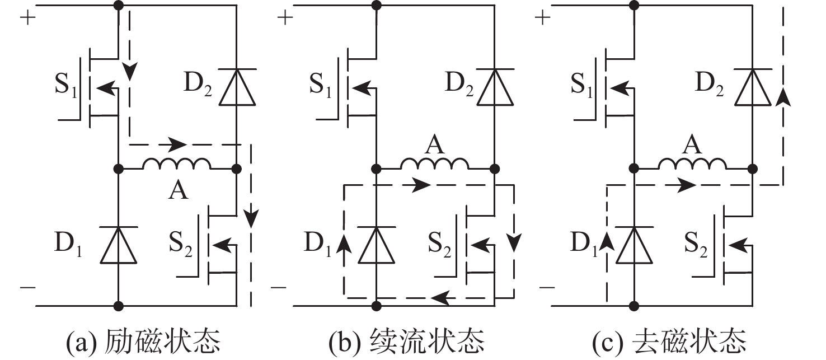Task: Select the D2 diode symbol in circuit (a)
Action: point(237,87)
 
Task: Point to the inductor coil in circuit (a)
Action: point(177,163)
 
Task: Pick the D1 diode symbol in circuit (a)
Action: point(119,245)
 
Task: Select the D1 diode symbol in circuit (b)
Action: point(377,245)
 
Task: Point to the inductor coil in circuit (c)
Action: point(693,163)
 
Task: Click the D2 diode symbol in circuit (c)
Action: point(753,87)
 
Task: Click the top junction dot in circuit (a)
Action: point(119,6)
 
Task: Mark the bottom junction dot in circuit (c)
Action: point(635,306)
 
